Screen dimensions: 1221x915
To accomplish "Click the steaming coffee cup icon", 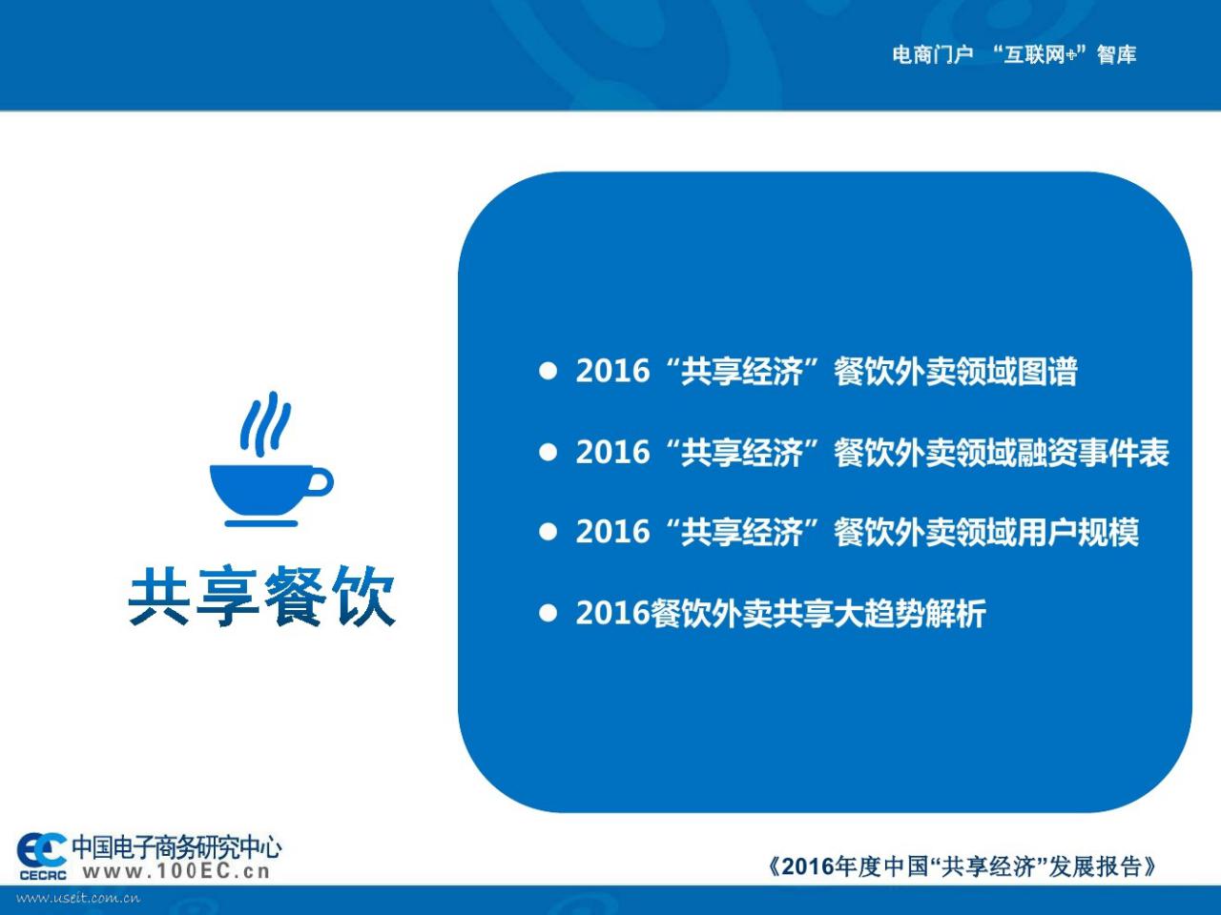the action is (x=272, y=458).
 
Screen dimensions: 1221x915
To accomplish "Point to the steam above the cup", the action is (x=265, y=424).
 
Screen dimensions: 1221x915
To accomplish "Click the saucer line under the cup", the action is (x=260, y=523).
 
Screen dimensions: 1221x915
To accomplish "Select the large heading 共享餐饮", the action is (x=262, y=597).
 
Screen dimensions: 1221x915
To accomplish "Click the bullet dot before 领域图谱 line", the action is (x=548, y=371).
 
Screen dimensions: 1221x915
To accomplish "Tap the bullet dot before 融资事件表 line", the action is (x=548, y=452).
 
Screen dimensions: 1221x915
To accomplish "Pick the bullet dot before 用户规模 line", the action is (x=548, y=532).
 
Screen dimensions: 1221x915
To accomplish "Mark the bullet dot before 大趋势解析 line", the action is (x=548, y=613).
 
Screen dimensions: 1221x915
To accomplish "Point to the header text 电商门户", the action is (x=933, y=54).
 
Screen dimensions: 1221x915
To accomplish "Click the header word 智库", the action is (x=1116, y=54).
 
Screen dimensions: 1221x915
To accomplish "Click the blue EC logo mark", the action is (x=41, y=852).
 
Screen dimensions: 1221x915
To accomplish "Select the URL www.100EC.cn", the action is (x=176, y=871).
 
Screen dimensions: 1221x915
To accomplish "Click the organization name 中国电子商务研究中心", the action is (x=176, y=846).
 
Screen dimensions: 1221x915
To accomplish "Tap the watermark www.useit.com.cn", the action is (x=78, y=898).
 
